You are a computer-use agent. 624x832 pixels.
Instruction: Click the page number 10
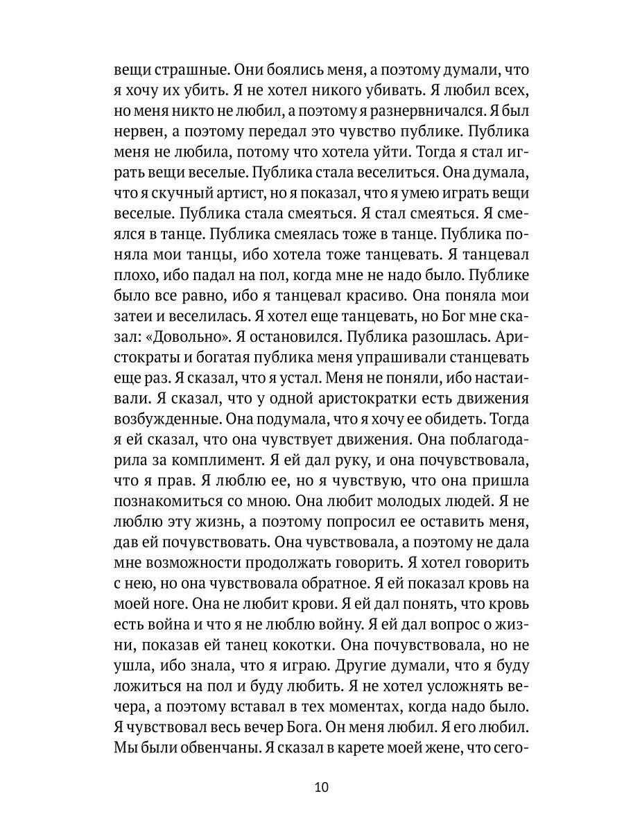(320, 787)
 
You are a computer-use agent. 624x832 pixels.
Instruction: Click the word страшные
(183, 70)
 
